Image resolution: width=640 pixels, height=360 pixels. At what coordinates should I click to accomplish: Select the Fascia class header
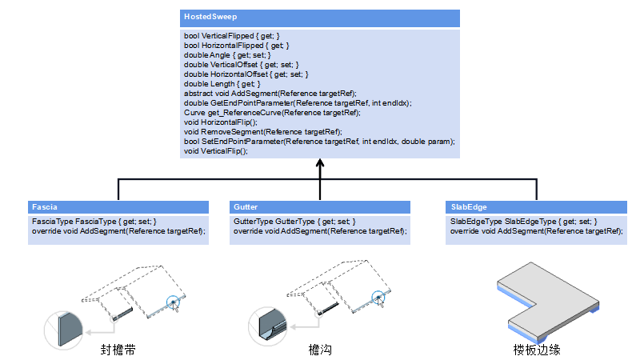[x=43, y=206]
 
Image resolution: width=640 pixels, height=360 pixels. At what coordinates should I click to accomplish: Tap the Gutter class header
[x=246, y=206]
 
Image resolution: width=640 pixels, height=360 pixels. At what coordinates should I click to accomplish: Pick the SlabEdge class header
[x=469, y=206]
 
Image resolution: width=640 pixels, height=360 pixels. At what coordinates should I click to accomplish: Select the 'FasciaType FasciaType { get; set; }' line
[x=94, y=222]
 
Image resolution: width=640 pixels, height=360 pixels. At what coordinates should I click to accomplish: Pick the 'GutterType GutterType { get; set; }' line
[x=294, y=222]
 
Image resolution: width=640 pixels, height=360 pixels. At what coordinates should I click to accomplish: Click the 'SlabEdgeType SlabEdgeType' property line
[x=524, y=222]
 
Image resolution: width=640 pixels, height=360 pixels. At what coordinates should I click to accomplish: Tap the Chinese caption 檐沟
[x=319, y=350]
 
